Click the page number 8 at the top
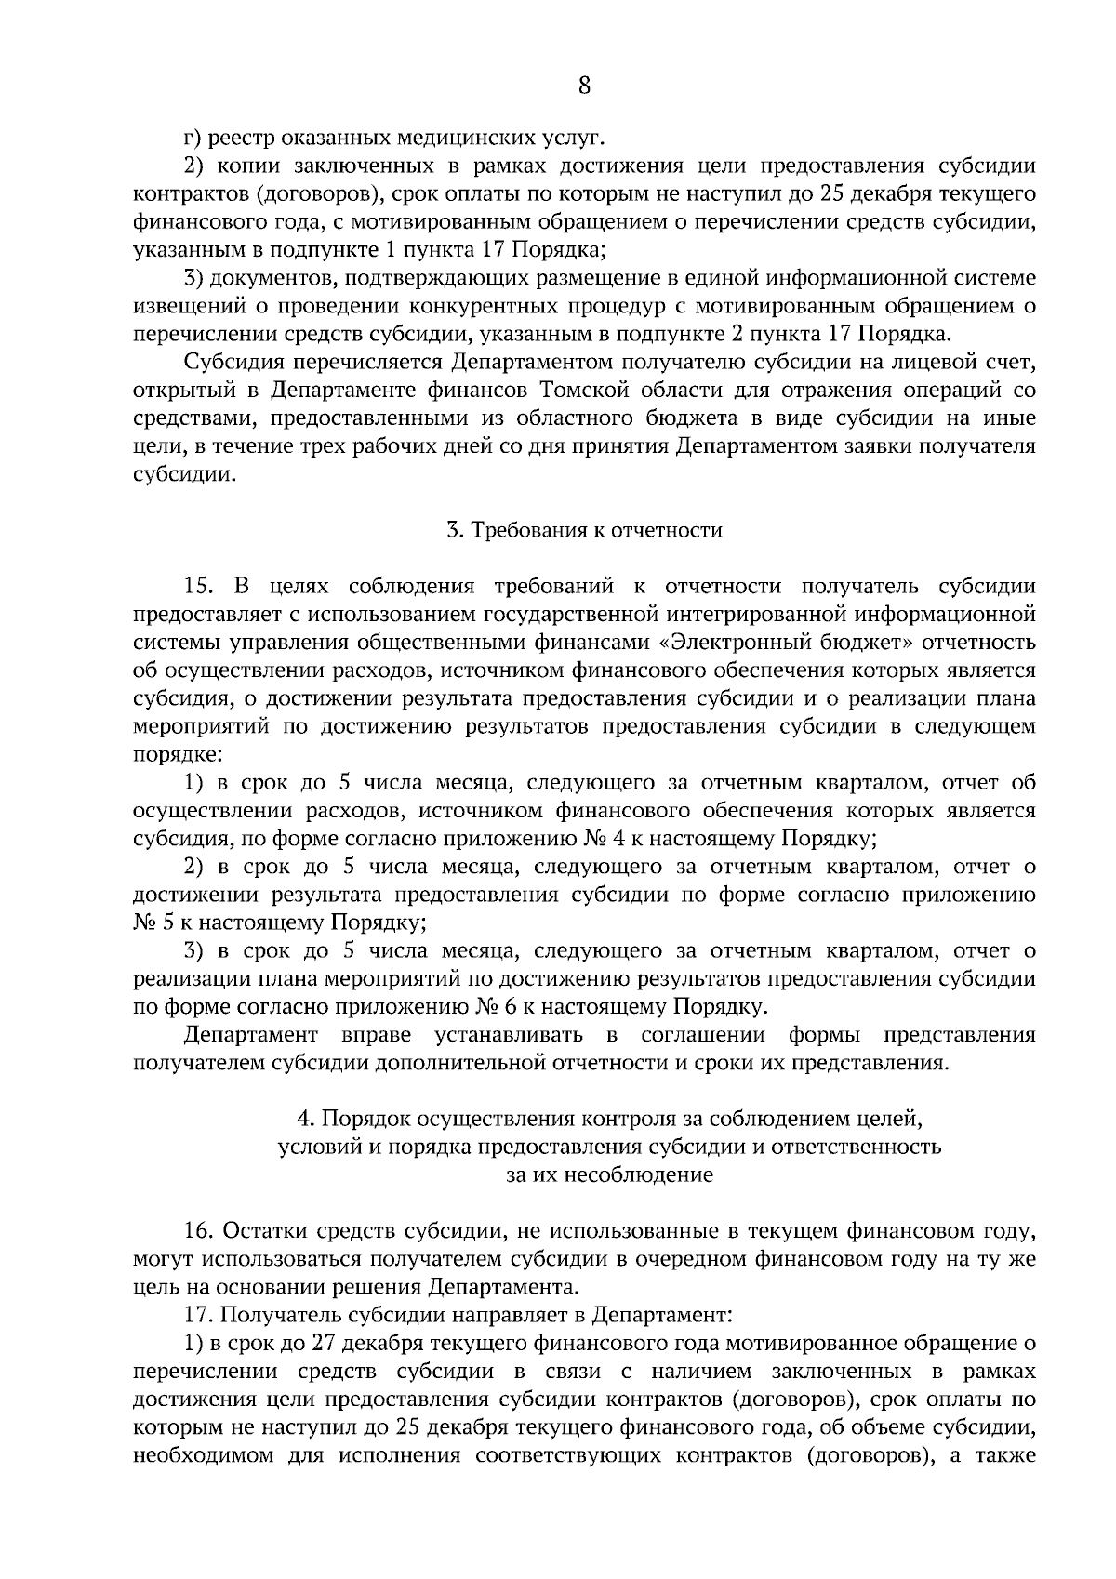(x=584, y=86)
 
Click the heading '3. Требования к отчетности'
(x=584, y=530)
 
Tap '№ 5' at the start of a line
(x=148, y=922)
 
